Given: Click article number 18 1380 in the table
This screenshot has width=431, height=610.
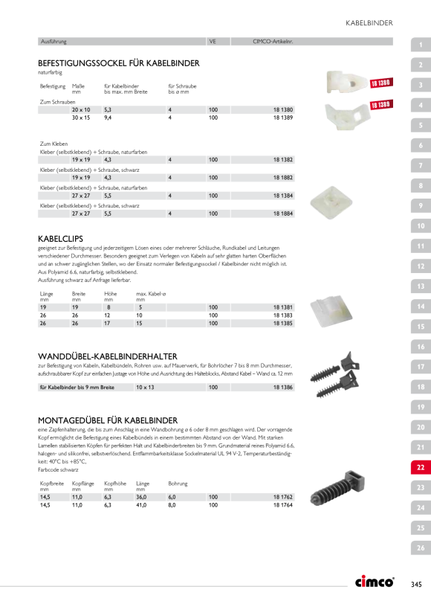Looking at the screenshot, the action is (x=283, y=109).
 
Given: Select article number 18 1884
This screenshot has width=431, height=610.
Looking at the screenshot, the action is (x=283, y=213).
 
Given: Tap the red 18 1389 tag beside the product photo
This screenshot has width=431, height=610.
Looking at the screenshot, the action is (x=381, y=105).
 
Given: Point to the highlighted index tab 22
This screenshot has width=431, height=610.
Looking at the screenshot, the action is (x=421, y=467).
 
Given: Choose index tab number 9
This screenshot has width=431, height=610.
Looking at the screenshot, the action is (x=421, y=206).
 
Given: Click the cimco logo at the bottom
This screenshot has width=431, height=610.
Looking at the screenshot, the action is (x=375, y=582).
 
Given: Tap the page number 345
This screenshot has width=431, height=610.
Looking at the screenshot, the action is (x=416, y=584).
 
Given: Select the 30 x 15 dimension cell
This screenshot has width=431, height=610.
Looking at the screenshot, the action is (x=81, y=118).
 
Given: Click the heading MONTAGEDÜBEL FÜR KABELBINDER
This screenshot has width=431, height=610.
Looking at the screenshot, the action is (x=108, y=420).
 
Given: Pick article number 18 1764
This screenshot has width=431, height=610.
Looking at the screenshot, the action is (x=283, y=505).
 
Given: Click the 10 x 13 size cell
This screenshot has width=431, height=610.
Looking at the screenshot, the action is (x=145, y=387).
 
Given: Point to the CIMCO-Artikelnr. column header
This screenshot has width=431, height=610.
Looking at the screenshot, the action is (x=273, y=42).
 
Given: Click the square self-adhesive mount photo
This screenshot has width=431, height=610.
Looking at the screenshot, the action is (x=331, y=202).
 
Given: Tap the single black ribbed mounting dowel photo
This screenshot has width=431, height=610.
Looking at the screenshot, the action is (x=337, y=488).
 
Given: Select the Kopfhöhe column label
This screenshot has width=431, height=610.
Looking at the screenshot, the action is (x=115, y=484).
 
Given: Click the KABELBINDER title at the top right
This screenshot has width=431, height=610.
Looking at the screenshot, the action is (x=369, y=23).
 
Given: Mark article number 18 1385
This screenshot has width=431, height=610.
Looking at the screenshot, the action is (x=283, y=324).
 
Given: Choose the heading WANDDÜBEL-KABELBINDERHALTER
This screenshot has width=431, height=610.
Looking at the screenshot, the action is (x=108, y=356).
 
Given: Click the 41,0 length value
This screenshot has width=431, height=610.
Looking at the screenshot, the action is (x=141, y=505).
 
